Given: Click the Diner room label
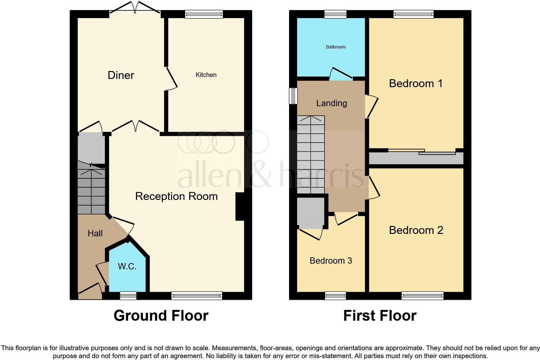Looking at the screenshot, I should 121,75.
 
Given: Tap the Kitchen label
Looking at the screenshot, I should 206,75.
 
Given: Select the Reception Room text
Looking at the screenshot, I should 176,196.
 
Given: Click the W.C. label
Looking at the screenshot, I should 127,266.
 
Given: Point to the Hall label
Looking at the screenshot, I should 95,234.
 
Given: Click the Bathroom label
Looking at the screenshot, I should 336,47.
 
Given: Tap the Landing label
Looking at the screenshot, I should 331,103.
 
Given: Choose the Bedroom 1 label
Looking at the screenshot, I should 415,83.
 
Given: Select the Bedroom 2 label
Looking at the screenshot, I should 416,230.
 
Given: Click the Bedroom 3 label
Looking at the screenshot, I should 331,260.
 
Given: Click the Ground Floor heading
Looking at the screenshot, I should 161,316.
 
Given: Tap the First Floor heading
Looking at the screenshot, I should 380,316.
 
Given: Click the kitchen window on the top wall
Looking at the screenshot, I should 204,14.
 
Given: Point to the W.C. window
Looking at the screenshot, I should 128,296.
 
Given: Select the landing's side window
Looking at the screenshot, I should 293,96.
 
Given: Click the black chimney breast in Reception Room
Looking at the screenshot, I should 240,206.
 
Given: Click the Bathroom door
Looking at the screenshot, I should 341,74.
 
